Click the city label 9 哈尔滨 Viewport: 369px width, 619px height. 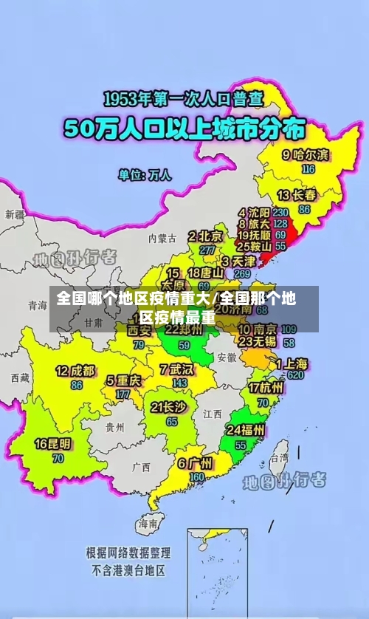click(306, 155)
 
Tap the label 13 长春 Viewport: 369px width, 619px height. click(297, 195)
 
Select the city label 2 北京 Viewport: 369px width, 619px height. click(205, 236)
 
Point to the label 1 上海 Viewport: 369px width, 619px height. click(292, 363)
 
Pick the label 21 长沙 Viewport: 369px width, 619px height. click(168, 407)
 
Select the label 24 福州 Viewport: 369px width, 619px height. click(246, 430)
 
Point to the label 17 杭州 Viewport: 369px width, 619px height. click(265, 387)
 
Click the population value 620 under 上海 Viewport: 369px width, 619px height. click(296, 375)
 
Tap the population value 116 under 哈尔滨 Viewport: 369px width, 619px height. click(308, 168)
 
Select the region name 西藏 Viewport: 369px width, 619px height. click(20, 377)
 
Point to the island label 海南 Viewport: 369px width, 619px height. click(147, 524)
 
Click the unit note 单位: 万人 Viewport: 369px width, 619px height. click(145, 175)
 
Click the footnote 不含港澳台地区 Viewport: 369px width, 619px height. click(128, 570)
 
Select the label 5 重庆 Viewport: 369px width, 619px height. click(123, 381)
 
